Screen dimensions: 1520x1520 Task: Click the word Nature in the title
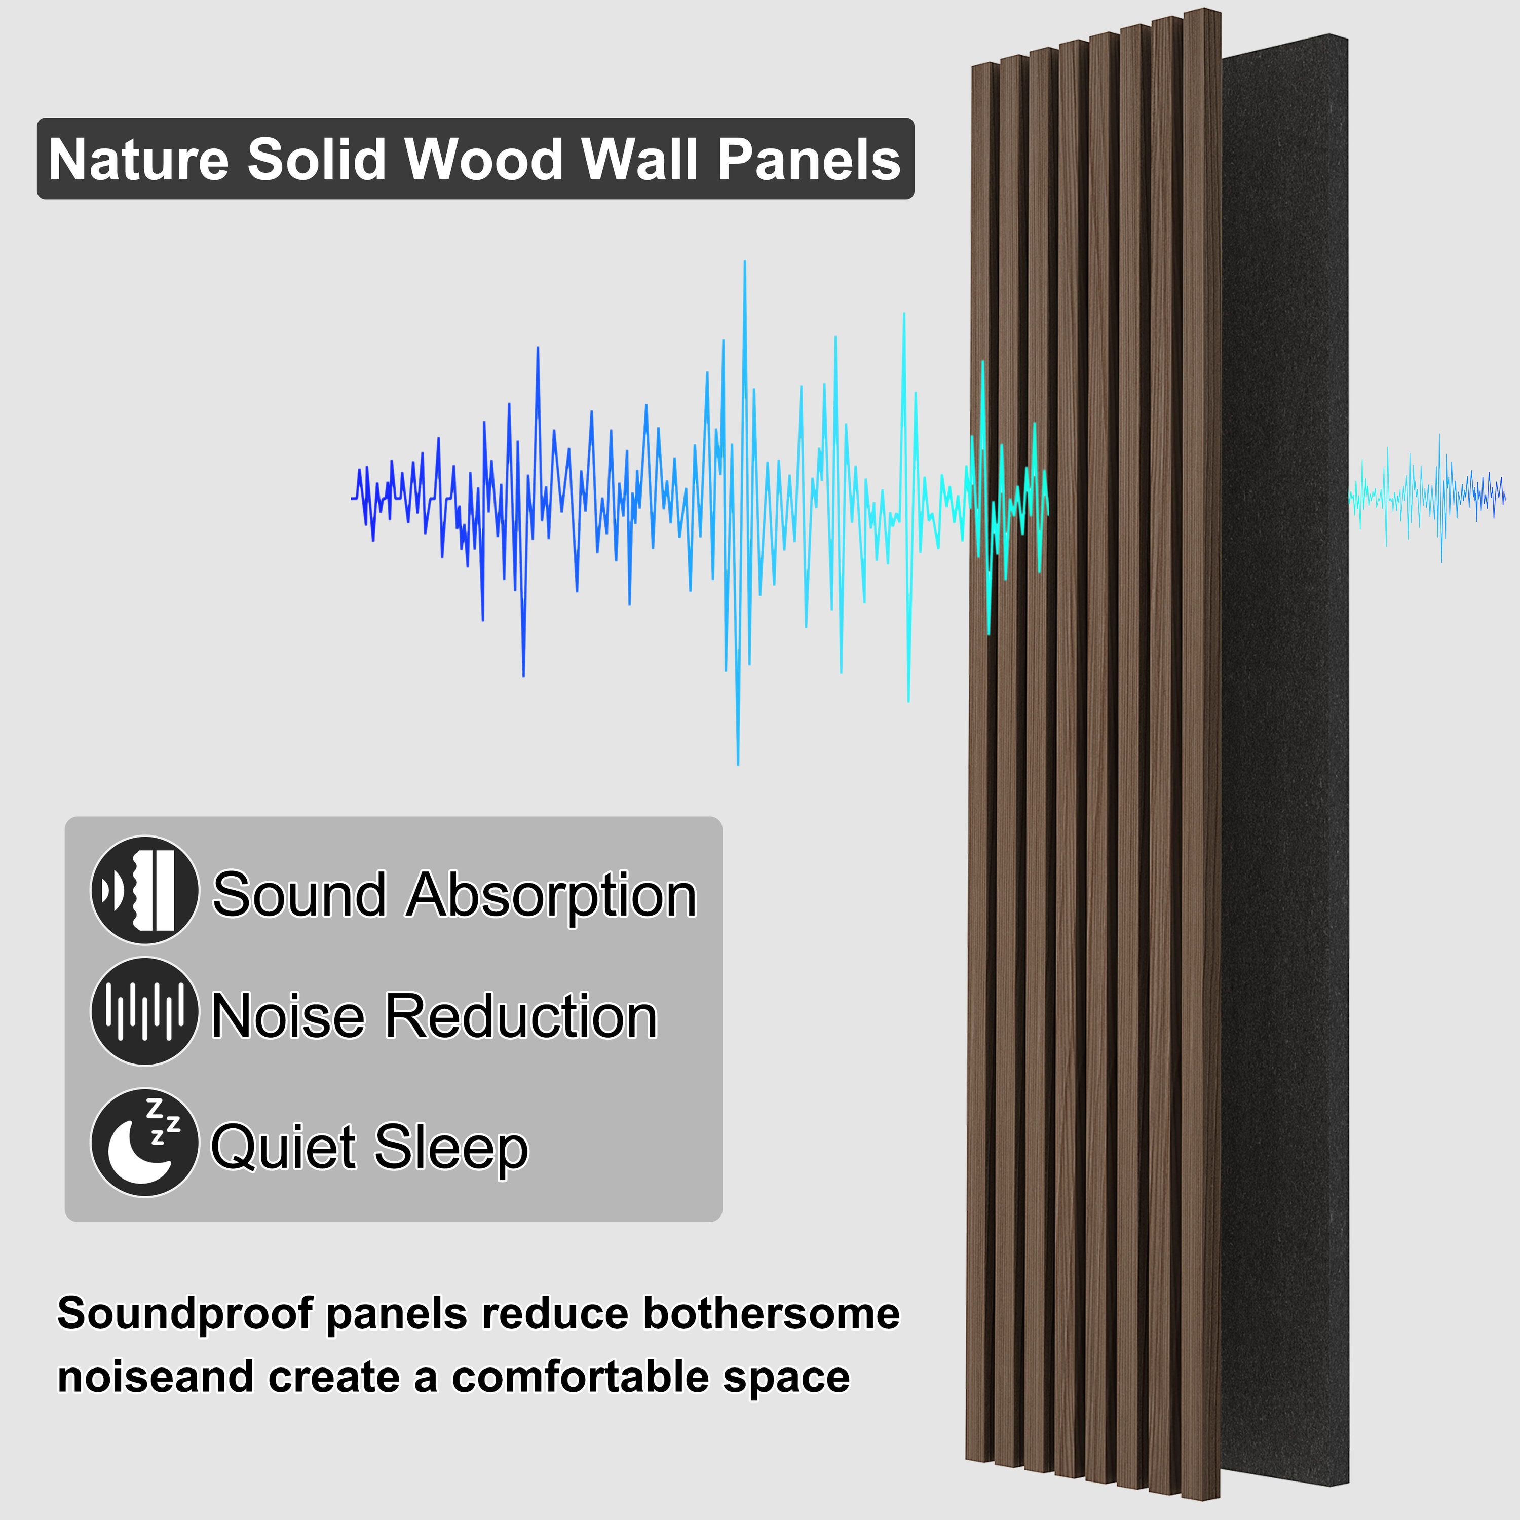[138, 160]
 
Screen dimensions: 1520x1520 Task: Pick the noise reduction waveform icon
[145, 1012]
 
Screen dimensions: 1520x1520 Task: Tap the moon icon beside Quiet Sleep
[145, 1143]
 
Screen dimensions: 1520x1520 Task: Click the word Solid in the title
[316, 160]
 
